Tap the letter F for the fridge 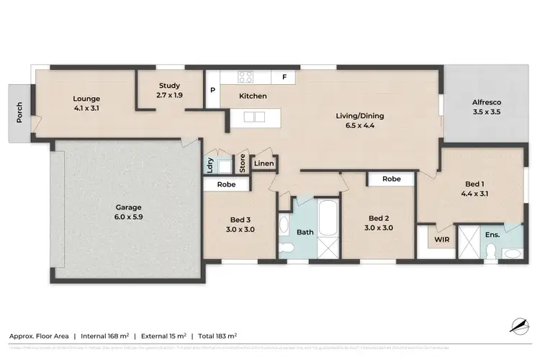pyautogui.click(x=285, y=77)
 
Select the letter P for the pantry pyautogui.click(x=212, y=91)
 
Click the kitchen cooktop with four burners pyautogui.click(x=246, y=76)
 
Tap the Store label pyautogui.click(x=243, y=164)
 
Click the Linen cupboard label pyautogui.click(x=264, y=164)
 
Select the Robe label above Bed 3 pyautogui.click(x=227, y=184)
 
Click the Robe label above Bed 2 pyautogui.click(x=391, y=179)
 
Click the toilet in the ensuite pyautogui.click(x=490, y=249)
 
